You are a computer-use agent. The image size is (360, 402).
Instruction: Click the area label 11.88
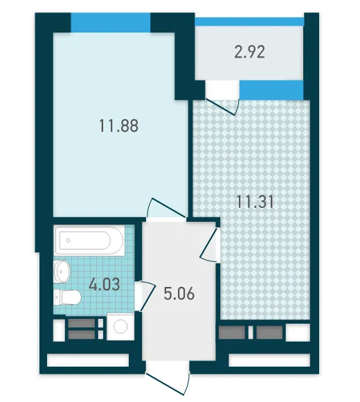point(118,126)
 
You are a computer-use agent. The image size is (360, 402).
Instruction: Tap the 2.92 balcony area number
point(249,52)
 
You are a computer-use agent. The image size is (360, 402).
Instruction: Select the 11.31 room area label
point(255,202)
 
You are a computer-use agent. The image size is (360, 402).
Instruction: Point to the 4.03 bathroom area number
point(105,285)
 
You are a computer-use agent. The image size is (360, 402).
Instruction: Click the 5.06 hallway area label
point(179,294)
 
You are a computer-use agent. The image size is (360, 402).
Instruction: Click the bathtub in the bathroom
point(89,241)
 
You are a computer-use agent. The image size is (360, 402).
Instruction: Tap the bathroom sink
point(62,271)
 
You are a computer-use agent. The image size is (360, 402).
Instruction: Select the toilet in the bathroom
point(67,297)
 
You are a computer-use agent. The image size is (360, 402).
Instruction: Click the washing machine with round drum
point(120,326)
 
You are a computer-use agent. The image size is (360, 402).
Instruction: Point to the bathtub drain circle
point(68,241)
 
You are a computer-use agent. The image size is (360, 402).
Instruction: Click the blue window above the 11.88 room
point(110,23)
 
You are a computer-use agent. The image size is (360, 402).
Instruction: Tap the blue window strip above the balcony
point(249,21)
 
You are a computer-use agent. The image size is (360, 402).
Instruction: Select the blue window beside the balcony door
point(271,89)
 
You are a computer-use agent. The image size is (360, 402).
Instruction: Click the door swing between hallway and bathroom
point(147,295)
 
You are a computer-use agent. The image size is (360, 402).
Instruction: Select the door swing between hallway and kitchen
point(208,245)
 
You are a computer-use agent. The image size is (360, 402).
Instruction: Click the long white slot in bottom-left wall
point(88,360)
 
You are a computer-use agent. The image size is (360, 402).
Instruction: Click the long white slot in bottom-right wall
point(269,360)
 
